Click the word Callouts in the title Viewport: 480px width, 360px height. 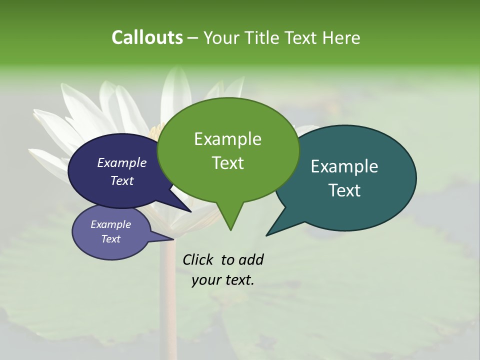pos(147,37)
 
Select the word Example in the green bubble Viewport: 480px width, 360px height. pos(227,139)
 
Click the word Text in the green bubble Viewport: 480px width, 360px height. pos(227,163)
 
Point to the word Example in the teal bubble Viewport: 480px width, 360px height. pos(344,166)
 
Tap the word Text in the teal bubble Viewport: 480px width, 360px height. pos(344,190)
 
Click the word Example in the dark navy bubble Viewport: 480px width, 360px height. pos(122,162)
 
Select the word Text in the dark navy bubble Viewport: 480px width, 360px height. pos(122,180)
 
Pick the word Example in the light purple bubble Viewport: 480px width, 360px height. pos(110,224)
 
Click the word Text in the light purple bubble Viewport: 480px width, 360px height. pos(110,239)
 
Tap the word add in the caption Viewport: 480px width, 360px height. pos(250,259)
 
